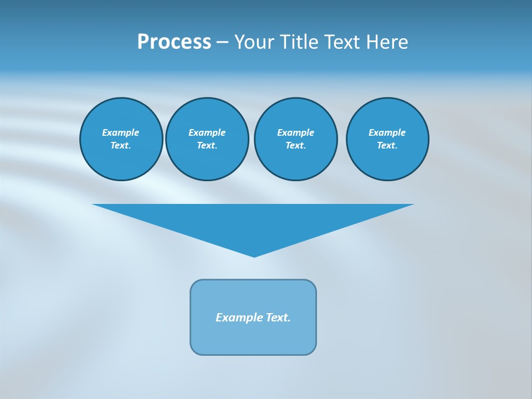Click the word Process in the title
(174, 42)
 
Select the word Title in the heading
(300, 42)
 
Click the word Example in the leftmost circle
(121, 132)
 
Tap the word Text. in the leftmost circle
(121, 145)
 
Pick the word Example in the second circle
(207, 132)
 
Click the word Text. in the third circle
(295, 145)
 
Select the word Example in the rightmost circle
(387, 132)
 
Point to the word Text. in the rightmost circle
(387, 145)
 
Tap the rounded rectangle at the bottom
(253, 338)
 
